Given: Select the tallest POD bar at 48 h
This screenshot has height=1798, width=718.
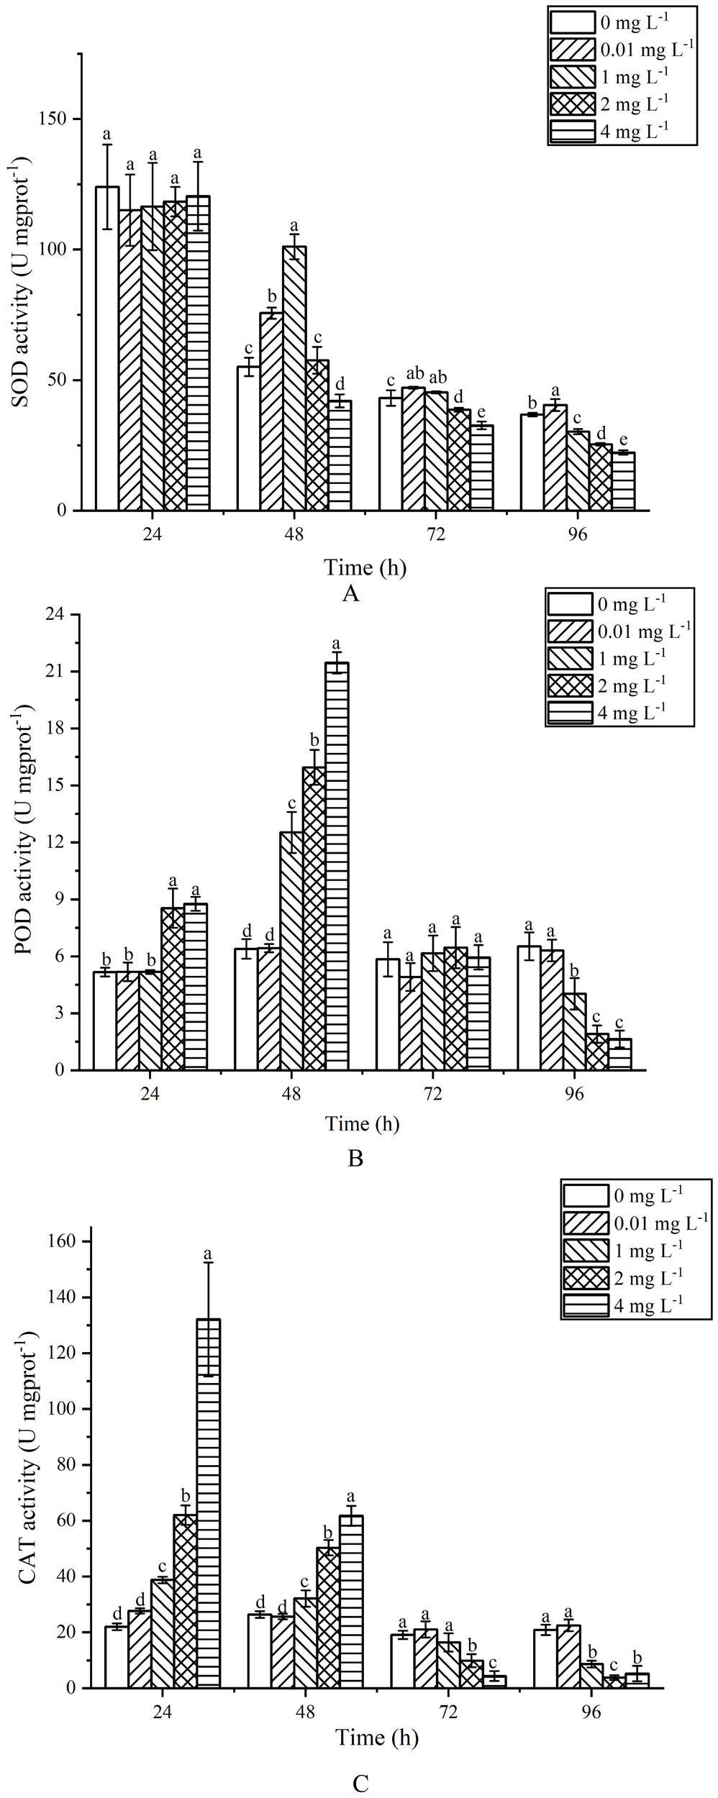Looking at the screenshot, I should pyautogui.click(x=337, y=866).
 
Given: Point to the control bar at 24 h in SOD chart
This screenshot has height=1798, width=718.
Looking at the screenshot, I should pyautogui.click(x=107, y=349).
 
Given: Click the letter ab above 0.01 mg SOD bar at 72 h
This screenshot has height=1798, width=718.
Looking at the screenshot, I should pyautogui.click(x=414, y=374).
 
